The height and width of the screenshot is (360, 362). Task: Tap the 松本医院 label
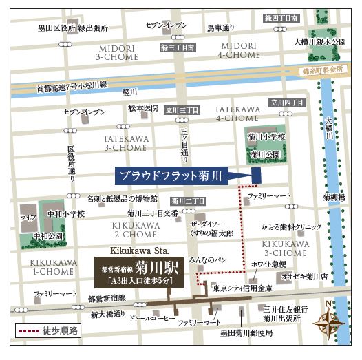point(142,108)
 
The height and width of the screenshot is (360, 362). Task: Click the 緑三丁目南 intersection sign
point(178,48)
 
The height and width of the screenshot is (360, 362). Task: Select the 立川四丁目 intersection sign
point(287,103)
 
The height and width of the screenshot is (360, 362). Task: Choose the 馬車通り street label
point(221,30)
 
